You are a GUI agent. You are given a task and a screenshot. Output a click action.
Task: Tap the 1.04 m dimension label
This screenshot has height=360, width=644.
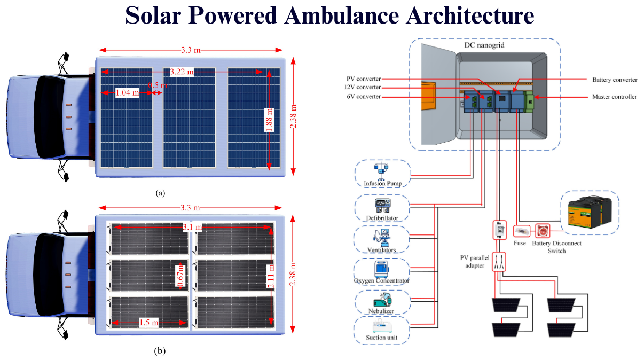pos(127,93)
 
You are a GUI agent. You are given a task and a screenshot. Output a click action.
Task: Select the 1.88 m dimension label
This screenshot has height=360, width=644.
pos(270,120)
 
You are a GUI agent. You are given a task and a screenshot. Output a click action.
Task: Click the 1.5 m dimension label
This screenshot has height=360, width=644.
pos(148,323)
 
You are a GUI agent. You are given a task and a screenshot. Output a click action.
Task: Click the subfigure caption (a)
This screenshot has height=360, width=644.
pos(160,193)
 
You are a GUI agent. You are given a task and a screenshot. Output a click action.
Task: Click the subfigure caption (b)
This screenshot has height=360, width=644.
pos(160,351)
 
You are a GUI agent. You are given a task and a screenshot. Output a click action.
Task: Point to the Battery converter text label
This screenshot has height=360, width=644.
pos(615,80)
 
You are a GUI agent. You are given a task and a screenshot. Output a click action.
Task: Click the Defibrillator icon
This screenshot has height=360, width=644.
pos(382,205)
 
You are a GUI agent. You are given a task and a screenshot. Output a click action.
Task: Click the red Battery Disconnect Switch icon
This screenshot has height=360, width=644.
pos(543,231)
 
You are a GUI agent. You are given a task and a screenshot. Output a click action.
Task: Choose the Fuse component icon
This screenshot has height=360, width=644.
pos(521,231)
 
